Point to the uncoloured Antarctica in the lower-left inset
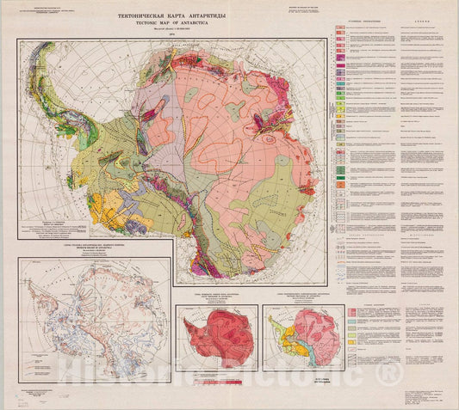point(95,318)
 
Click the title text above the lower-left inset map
point(95,250)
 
